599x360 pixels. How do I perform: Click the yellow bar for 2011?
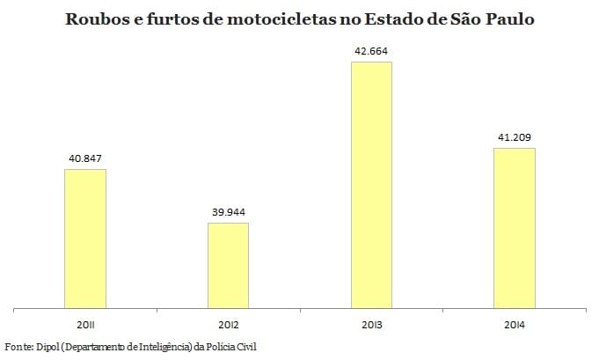coord(85,239)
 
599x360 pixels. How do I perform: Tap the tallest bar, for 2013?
coord(370,185)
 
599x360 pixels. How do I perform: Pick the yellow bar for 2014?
coord(514,228)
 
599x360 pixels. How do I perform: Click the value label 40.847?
coord(85,159)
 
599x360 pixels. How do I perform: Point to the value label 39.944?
coord(228,213)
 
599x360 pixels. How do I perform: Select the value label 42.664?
coord(370,52)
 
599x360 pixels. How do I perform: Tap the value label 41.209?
coord(514,138)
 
